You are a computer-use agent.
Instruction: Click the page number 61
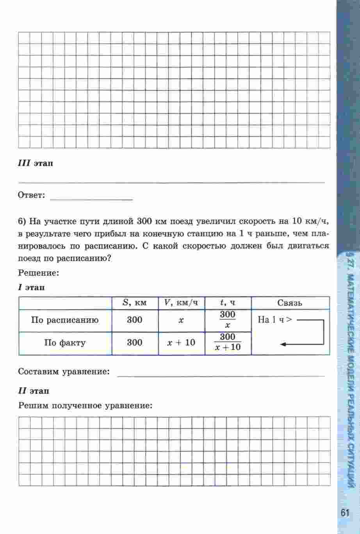tap(344, 513)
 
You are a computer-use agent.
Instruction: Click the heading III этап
tap(36, 163)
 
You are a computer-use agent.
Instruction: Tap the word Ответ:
tap(32, 195)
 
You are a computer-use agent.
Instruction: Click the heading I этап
tap(31, 288)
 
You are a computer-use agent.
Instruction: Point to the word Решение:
tap(38, 273)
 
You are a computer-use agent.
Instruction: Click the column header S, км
tap(135, 303)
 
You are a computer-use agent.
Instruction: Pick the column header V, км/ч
tap(181, 303)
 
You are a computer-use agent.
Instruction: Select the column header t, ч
tap(228, 303)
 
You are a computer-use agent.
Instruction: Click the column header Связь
tap(290, 303)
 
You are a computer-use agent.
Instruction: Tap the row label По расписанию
tap(65, 320)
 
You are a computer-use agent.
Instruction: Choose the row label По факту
tap(65, 343)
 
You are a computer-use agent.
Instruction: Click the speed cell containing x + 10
tap(181, 343)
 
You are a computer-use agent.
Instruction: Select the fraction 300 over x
tap(228, 320)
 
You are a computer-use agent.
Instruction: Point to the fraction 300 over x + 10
tap(228, 342)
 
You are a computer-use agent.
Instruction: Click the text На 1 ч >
tap(275, 320)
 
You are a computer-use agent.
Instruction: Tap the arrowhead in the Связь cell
tap(284, 344)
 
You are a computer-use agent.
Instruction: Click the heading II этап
tap(34, 391)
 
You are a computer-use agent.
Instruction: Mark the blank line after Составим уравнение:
tap(221, 375)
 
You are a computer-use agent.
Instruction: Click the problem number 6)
tap(22, 222)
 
